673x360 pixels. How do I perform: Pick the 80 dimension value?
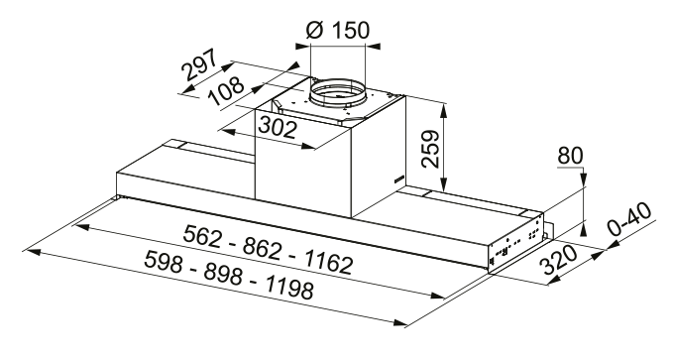pyautogui.click(x=570, y=156)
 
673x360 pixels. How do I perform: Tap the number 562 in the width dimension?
pyautogui.click(x=204, y=239)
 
